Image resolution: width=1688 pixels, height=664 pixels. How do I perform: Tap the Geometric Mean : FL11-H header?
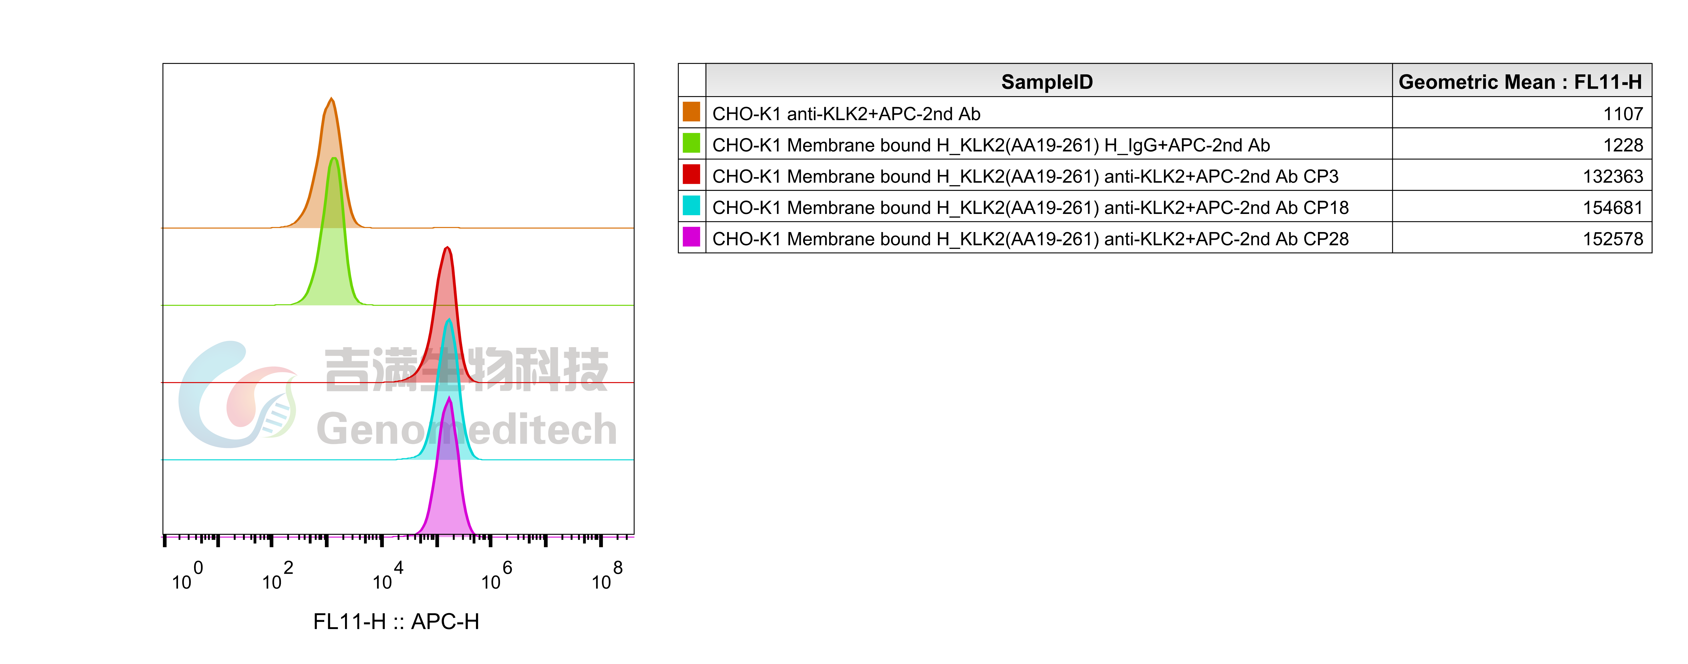point(1520,82)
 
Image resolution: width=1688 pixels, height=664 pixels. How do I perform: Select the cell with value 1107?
point(1623,114)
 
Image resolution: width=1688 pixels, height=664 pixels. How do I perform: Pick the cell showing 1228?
point(1623,145)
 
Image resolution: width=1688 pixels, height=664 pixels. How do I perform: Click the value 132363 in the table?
point(1613,177)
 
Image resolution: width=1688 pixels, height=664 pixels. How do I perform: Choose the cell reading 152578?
point(1613,239)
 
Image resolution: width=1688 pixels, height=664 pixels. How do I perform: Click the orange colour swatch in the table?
point(691,112)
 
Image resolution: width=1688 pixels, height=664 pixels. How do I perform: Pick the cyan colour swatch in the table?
point(691,206)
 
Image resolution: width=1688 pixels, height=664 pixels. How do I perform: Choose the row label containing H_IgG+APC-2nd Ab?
point(991,145)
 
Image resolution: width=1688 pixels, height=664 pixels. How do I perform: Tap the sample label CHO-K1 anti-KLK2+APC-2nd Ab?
point(846,114)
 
